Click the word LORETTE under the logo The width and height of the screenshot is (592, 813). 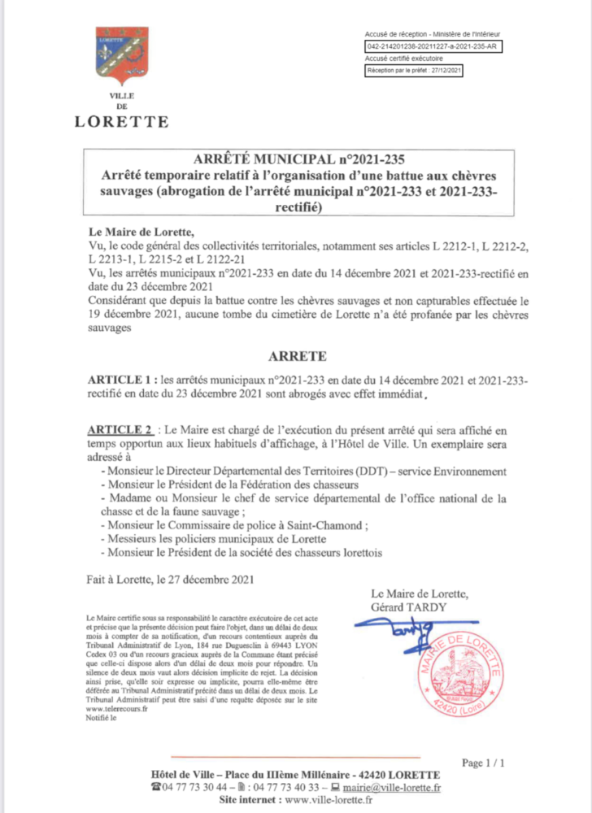pos(122,122)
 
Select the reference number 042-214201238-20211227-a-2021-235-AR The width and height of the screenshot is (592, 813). pos(433,46)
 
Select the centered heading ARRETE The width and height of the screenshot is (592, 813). pos(297,356)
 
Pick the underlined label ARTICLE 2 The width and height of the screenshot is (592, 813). pos(120,428)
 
